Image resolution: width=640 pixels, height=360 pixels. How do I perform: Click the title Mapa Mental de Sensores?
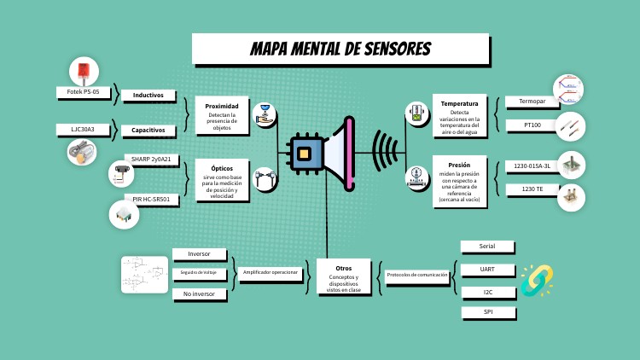[340, 49]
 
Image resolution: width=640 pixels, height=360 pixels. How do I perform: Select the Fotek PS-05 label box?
[84, 91]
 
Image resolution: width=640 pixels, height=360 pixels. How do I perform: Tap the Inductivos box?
[154, 95]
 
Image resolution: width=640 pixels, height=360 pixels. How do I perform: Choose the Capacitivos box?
[154, 131]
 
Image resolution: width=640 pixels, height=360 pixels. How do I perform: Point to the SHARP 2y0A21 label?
[151, 160]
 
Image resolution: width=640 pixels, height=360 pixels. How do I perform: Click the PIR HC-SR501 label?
[152, 199]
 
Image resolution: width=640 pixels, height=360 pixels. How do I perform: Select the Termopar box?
[532, 102]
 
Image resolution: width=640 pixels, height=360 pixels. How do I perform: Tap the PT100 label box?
[532, 125]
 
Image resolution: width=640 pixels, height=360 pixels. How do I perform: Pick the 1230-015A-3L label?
[532, 165]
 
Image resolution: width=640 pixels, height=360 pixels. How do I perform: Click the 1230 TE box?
[532, 189]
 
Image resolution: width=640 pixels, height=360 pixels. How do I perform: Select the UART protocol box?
[487, 270]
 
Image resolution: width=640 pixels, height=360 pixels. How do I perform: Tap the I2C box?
[487, 292]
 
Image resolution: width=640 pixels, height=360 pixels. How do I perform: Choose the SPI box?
[487, 312]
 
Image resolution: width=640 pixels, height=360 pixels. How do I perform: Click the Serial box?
[487, 247]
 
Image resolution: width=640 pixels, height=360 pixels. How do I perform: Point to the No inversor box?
[200, 293]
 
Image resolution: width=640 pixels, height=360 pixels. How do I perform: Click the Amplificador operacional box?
[270, 273]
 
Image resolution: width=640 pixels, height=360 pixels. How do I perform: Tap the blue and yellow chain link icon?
[537, 280]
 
